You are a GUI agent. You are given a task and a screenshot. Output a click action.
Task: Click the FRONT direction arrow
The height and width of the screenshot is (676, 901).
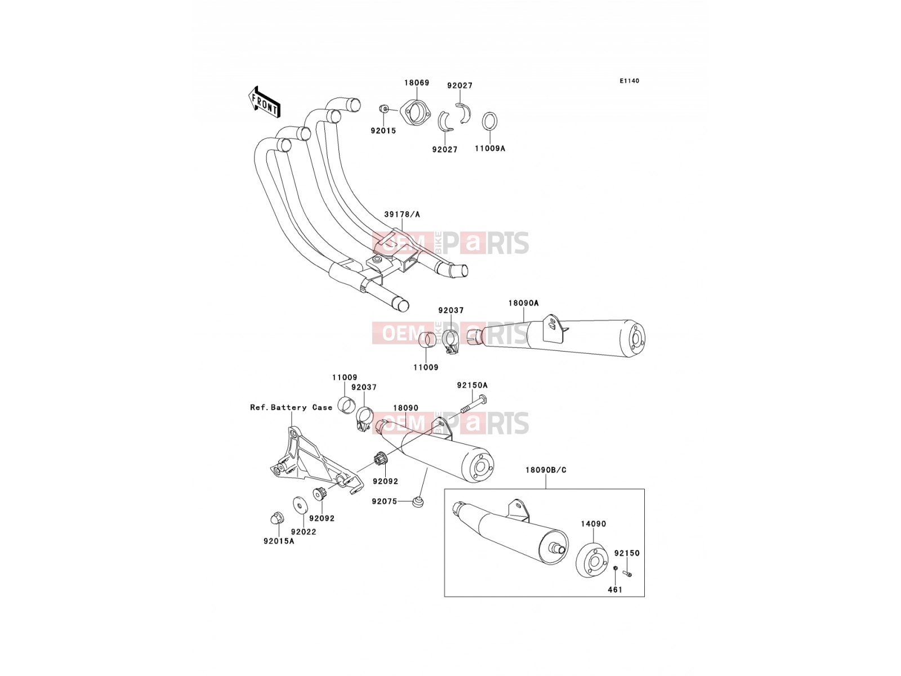[x=264, y=103]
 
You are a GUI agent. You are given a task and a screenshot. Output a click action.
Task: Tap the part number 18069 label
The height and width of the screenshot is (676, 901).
[x=417, y=82]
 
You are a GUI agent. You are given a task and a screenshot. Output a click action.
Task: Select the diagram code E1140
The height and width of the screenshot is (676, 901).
[x=629, y=81]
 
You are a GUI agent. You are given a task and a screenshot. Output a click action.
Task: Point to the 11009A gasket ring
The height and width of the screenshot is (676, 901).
[x=490, y=121]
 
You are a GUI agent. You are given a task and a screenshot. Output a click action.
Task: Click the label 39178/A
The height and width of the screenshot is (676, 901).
[x=402, y=214]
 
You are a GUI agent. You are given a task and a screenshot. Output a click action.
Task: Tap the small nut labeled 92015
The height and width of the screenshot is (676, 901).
[x=384, y=109]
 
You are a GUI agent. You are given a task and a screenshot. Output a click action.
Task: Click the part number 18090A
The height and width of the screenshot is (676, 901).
[x=523, y=303]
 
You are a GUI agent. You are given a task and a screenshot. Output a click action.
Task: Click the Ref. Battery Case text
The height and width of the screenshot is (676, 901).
[x=291, y=407]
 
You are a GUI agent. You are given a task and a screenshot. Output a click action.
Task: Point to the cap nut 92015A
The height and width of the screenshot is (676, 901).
[x=276, y=518]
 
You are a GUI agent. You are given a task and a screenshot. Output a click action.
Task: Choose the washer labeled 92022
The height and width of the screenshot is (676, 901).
[x=299, y=505]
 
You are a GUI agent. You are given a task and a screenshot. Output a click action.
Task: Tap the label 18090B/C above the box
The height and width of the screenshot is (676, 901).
[x=546, y=470]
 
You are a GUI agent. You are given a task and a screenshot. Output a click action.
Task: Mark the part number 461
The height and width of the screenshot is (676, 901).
[x=615, y=590]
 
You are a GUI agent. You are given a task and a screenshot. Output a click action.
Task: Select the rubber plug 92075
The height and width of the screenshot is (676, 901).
[x=418, y=501]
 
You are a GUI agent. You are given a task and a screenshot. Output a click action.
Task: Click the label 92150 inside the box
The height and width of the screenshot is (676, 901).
[x=627, y=553]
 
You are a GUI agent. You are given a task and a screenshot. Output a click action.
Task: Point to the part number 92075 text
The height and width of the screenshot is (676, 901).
[x=384, y=501]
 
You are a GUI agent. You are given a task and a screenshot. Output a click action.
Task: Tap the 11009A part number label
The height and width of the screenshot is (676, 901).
[x=490, y=148]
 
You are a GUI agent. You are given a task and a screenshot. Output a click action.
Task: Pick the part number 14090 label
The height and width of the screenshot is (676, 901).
[x=593, y=524]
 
